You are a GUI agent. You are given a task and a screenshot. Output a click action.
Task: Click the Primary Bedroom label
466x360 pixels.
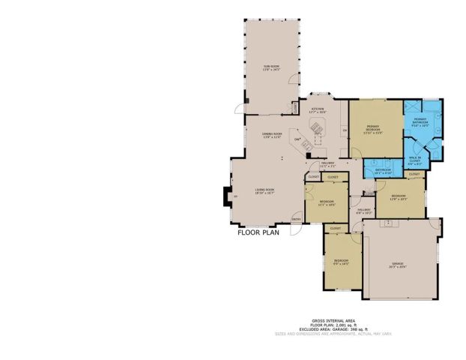point(375,128)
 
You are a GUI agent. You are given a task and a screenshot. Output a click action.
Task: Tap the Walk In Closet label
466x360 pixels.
point(414,160)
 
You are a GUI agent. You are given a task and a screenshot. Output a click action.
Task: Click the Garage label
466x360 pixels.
point(398,265)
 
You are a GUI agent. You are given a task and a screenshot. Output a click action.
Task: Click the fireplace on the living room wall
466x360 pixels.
point(225,197)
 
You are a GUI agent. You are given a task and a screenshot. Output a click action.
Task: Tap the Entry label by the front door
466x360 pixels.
point(297,219)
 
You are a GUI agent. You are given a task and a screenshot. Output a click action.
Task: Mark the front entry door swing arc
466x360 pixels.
point(297,229)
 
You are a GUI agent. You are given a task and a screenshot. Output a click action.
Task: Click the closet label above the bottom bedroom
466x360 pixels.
point(335,228)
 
